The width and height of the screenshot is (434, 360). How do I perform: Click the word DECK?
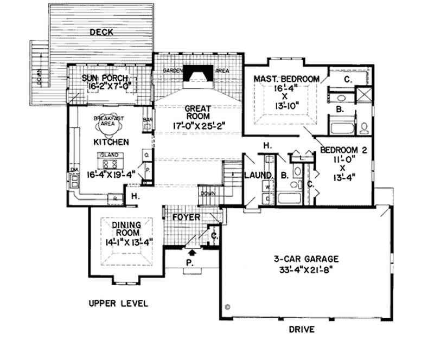click(x=101, y=33)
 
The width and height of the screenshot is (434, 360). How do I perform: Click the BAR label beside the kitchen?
click(x=146, y=117)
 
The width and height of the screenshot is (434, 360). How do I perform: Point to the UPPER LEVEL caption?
click(x=119, y=302)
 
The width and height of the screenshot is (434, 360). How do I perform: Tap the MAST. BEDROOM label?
click(x=287, y=79)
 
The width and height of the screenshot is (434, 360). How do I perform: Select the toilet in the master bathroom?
click(x=365, y=127)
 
